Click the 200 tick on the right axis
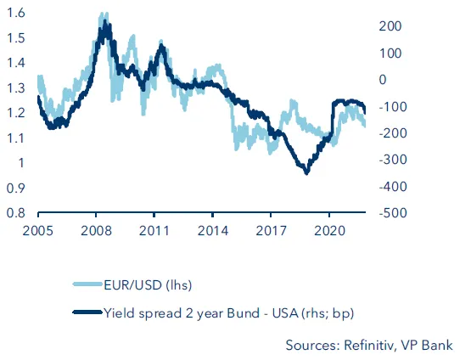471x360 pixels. [387, 26]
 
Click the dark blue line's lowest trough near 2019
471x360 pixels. [306, 172]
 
